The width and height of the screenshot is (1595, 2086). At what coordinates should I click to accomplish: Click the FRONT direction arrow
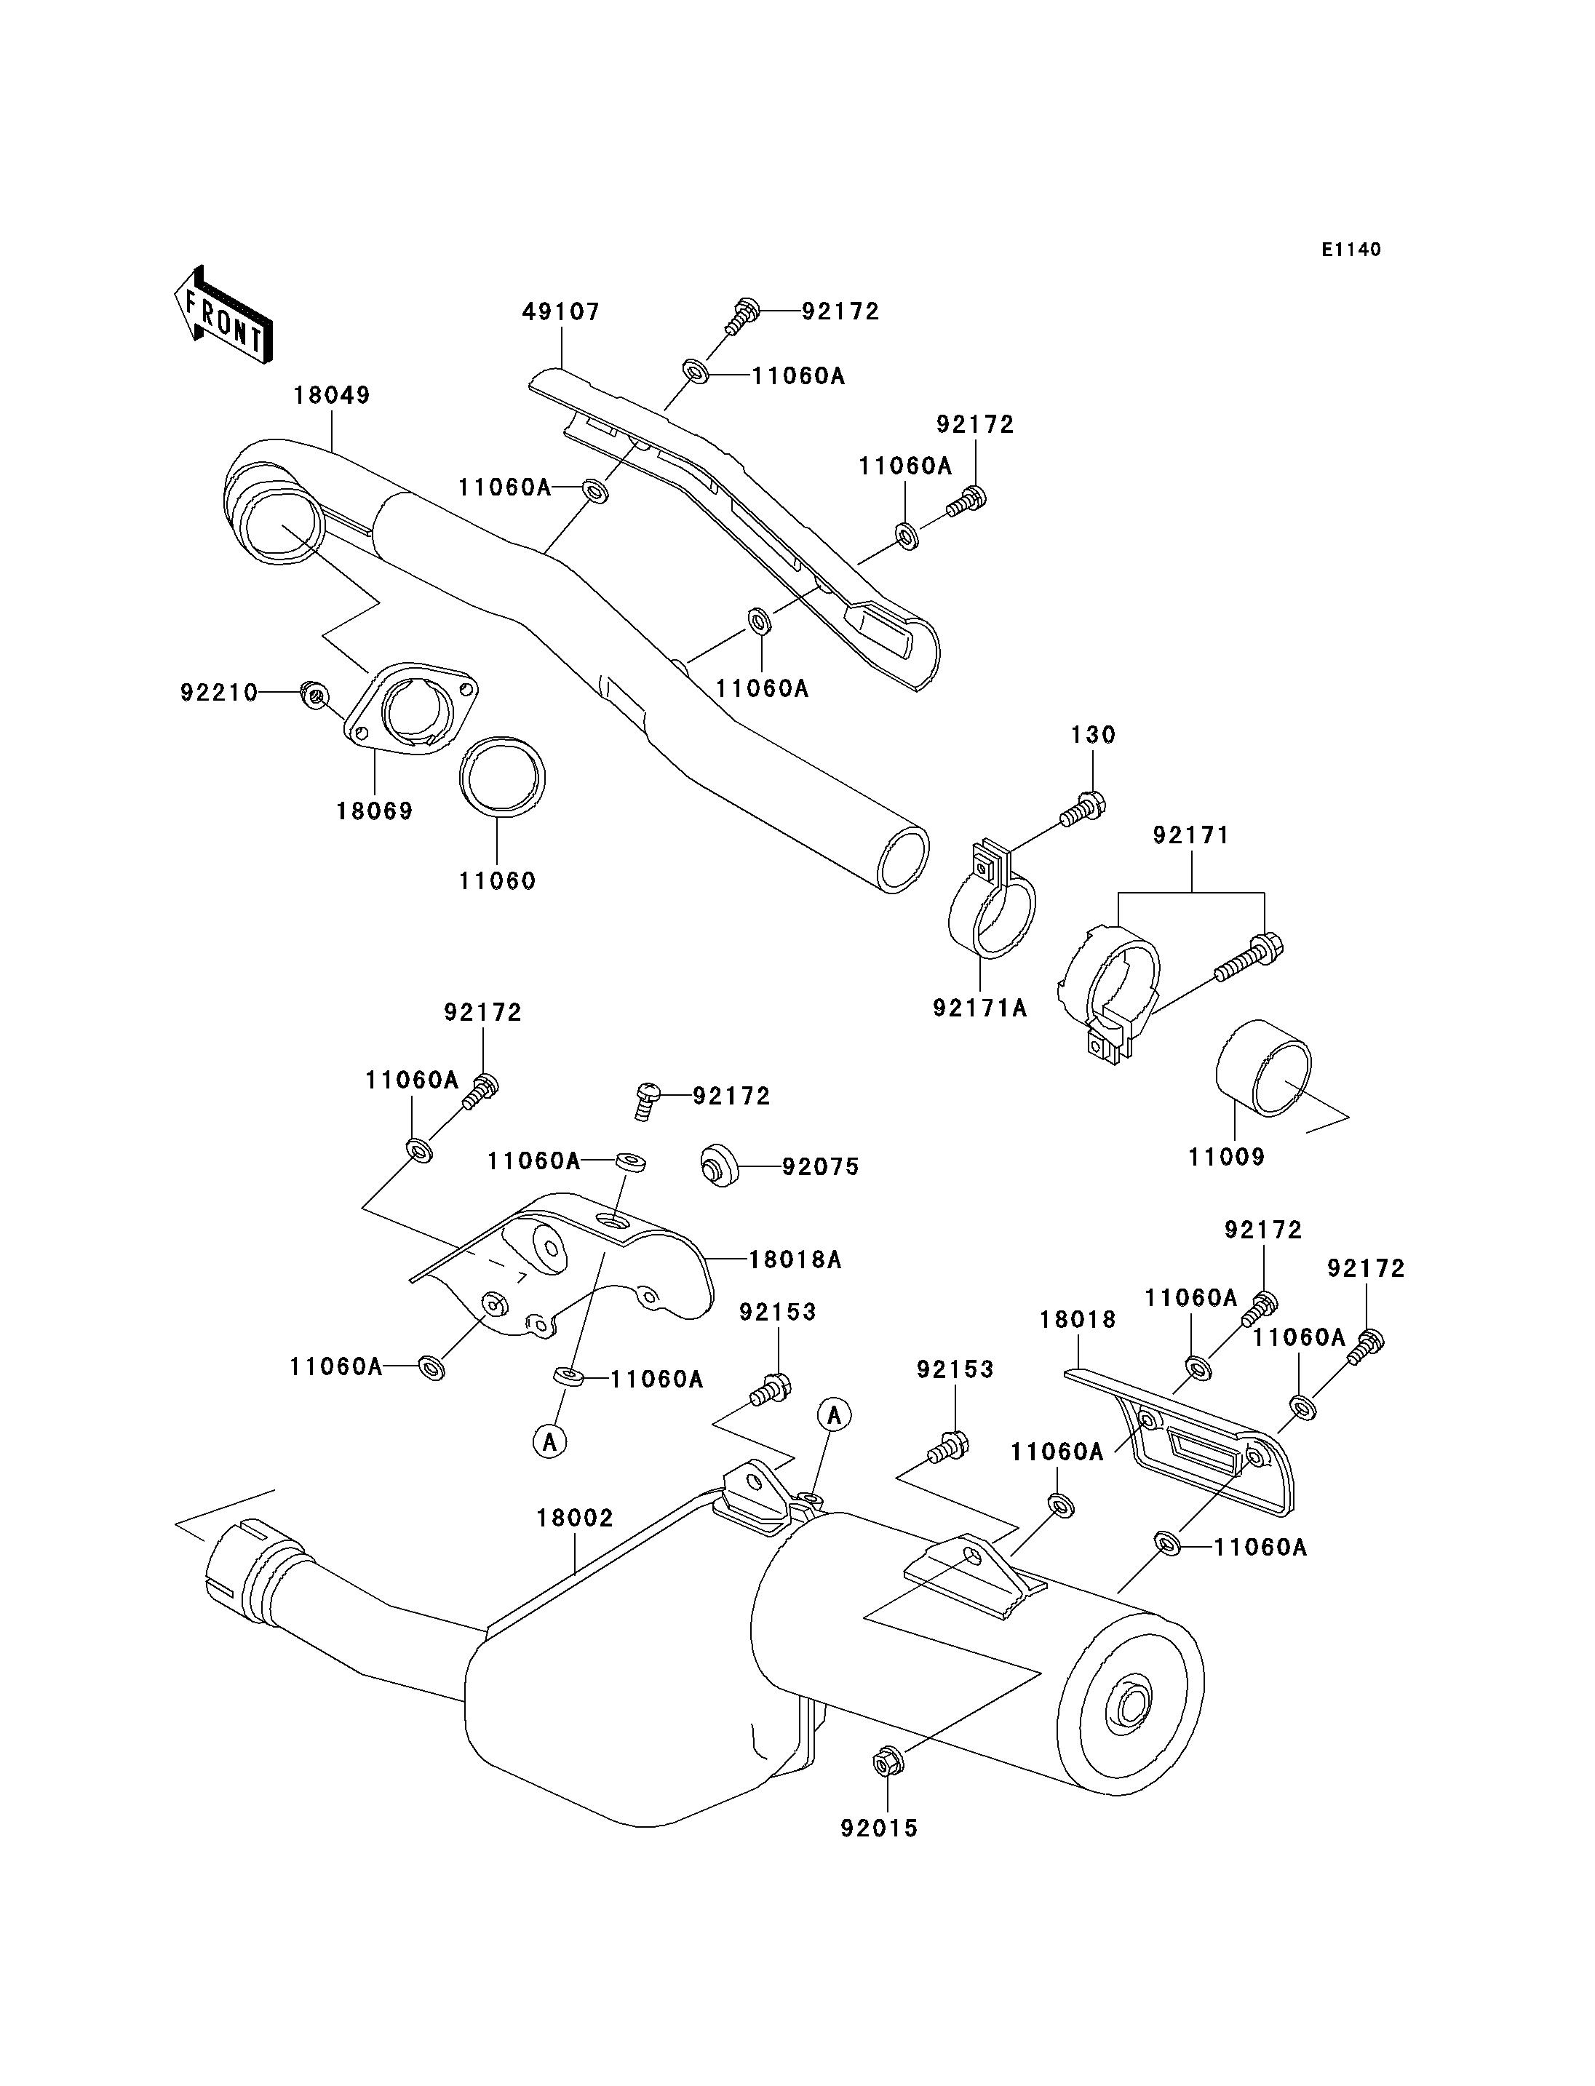coord(224,314)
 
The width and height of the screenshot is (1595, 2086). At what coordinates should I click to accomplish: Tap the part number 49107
coord(561,312)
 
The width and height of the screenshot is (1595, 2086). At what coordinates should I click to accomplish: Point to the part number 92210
coord(219,693)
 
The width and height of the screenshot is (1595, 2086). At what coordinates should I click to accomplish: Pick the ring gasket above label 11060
coord(502,776)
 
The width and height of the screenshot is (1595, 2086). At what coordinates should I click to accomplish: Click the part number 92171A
coord(980,1008)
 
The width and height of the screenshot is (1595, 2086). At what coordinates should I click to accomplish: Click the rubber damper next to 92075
coord(723,1166)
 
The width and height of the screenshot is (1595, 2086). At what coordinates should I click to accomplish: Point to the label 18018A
coord(795,1260)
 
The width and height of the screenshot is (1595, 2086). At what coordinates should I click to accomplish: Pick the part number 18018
coord(1078,1320)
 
